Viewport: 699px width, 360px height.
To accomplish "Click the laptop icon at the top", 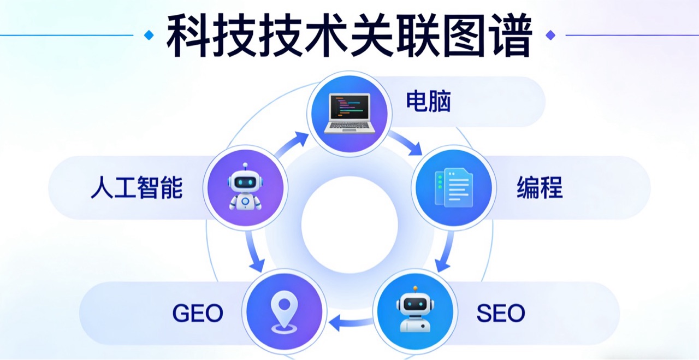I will click(x=349, y=114).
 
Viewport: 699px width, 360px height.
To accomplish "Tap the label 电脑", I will click(x=429, y=102).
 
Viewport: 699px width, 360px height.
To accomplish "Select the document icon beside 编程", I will click(x=453, y=187).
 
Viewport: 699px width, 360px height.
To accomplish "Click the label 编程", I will click(x=540, y=188).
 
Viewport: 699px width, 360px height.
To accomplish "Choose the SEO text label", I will click(x=500, y=313).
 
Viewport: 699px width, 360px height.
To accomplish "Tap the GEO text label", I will click(x=198, y=313).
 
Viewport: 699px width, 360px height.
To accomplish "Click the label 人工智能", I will click(x=137, y=188).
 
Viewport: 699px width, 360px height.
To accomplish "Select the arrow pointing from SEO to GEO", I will click(x=349, y=322).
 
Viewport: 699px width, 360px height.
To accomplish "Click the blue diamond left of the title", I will click(x=148, y=36).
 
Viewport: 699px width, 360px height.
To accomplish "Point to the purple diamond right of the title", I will click(x=550, y=36).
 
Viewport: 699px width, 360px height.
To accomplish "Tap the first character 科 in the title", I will click(x=188, y=36).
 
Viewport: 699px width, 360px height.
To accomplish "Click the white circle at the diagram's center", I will click(x=349, y=224).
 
